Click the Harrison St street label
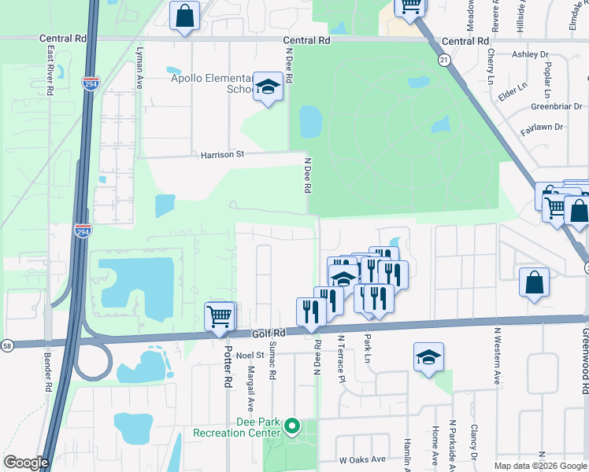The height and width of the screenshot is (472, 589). point(223,155)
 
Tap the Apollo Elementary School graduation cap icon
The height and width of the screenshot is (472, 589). point(269,87)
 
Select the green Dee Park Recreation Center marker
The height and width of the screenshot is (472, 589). point(292,427)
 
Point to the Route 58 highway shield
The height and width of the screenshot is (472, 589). point(6,345)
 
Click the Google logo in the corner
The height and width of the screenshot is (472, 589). point(25,463)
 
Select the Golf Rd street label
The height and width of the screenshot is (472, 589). point(268,334)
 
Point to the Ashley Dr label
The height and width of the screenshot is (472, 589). point(530,54)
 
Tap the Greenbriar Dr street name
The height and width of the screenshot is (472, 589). point(556,106)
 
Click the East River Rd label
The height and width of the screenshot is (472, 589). point(50,69)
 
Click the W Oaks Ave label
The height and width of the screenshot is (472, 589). point(362,459)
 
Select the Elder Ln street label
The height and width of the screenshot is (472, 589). point(513,92)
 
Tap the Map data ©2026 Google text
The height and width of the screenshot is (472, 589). point(540,466)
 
